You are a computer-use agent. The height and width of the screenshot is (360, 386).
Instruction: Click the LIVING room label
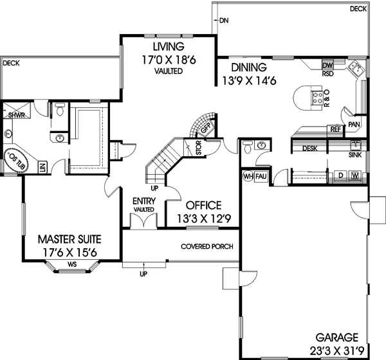(169, 47)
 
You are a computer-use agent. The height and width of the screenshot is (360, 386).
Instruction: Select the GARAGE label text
(338, 336)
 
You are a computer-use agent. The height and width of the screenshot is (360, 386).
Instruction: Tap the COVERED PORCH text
(207, 247)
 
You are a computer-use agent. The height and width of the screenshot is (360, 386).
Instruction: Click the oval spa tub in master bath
(17, 158)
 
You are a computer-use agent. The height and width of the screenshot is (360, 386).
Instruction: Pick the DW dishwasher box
(327, 66)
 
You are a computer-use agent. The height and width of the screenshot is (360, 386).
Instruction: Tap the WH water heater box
(248, 175)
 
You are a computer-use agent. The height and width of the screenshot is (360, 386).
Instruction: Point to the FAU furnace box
(261, 175)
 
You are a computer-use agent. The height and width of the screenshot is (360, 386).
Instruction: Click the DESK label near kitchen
(310, 148)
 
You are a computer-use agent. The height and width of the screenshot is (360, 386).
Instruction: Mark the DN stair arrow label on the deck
(223, 21)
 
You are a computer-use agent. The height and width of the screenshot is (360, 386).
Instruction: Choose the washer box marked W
(354, 175)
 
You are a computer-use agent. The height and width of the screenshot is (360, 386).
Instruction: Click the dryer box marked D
(340, 175)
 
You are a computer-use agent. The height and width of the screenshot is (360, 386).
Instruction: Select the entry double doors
(142, 221)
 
